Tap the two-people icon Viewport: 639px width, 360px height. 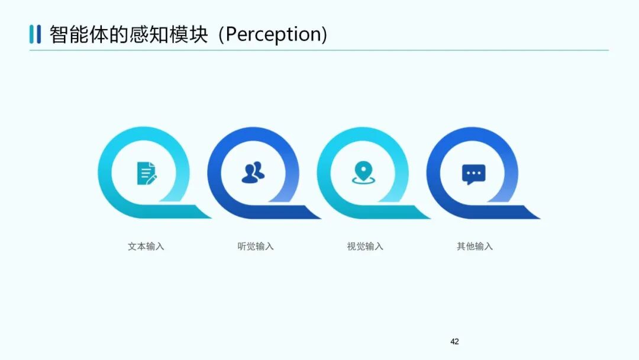click(x=253, y=172)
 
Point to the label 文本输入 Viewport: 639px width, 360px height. click(x=146, y=246)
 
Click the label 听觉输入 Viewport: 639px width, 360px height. click(x=256, y=246)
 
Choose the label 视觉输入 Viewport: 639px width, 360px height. click(x=365, y=246)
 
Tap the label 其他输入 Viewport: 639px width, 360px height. click(x=475, y=246)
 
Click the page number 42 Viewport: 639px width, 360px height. click(x=454, y=342)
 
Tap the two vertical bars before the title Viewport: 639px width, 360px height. click(x=35, y=34)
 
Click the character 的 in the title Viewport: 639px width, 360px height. click(x=118, y=34)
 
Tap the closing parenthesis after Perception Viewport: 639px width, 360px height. click(x=324, y=34)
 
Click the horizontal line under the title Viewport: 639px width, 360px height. click(x=319, y=50)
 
